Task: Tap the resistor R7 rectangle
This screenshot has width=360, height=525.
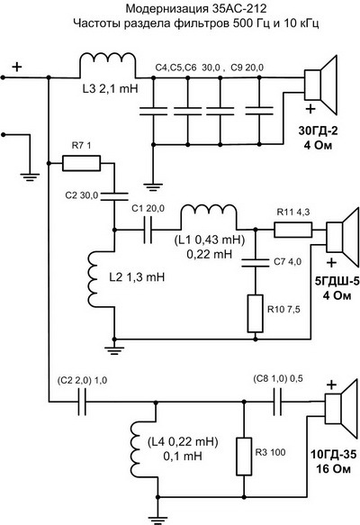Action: pos(81,163)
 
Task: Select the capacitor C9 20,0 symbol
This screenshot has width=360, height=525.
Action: pos(259,111)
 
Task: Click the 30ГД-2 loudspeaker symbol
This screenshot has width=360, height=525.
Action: pos(319,85)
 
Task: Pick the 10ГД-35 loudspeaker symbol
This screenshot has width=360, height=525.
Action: pos(340,409)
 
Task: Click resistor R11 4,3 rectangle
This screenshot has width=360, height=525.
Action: pos(293,230)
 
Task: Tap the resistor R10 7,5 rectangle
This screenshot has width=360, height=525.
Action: pos(256,313)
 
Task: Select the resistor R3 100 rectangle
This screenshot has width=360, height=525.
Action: pos(244,457)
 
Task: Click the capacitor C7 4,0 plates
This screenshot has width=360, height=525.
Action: pos(256,263)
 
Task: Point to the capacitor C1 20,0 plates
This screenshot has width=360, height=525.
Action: pos(148,230)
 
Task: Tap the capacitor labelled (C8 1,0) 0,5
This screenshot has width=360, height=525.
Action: pos(277,402)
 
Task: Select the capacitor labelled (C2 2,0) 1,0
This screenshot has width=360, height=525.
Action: pos(82,402)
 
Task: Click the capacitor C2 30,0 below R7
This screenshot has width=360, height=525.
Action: pos(114,196)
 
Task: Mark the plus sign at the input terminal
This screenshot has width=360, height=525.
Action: pos(17,67)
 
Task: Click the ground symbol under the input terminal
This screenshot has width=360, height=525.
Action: pos(30,177)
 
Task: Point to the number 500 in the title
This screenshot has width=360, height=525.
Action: pos(242,23)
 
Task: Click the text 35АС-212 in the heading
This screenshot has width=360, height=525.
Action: pos(239,8)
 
